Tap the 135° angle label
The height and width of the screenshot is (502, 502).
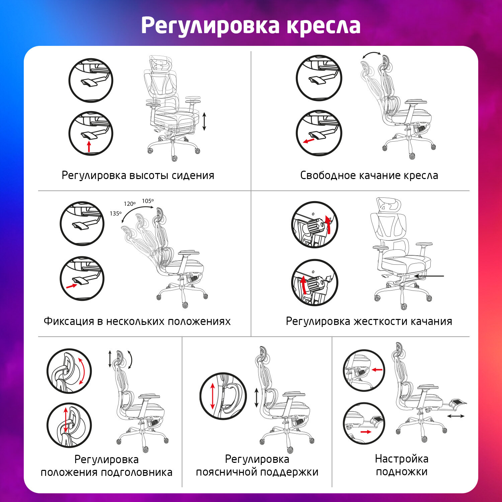tap(115, 214)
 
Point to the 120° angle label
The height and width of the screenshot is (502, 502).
tap(130, 204)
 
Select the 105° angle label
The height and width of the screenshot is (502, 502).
tap(148, 201)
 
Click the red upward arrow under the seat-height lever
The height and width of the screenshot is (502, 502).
tap(89, 147)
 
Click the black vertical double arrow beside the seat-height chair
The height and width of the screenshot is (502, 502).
tap(204, 121)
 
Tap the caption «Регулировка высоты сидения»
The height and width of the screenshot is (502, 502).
tap(138, 175)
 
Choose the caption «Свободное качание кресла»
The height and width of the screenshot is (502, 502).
tap(369, 175)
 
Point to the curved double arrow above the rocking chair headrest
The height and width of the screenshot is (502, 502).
tap(371, 55)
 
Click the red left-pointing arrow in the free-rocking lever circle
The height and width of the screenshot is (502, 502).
tap(309, 141)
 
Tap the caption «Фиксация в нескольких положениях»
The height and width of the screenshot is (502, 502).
tap(137, 321)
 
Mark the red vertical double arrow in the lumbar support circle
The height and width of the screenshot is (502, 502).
tap(213, 396)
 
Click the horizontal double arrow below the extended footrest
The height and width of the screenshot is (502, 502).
tap(456, 416)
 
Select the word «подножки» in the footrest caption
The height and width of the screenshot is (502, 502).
tap(402, 472)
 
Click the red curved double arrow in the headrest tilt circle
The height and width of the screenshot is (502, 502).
tap(82, 371)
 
